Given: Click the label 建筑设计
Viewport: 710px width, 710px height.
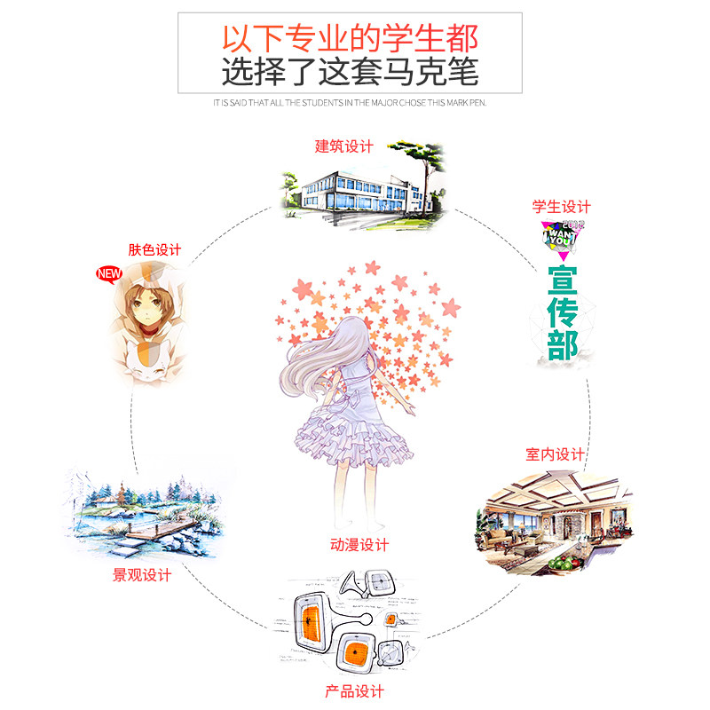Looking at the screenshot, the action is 343,147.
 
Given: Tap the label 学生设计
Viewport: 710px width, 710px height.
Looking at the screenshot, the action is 561,207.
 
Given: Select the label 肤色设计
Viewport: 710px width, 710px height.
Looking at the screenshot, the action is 154,249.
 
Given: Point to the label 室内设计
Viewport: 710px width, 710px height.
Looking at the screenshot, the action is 555,455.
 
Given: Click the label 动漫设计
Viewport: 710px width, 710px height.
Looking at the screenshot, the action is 359,544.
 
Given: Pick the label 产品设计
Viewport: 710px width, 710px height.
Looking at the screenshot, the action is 354,690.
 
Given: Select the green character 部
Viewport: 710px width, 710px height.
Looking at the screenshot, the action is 561,345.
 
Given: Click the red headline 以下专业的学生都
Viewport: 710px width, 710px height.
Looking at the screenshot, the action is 350,39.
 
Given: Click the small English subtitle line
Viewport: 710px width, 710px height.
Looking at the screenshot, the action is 350,102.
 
